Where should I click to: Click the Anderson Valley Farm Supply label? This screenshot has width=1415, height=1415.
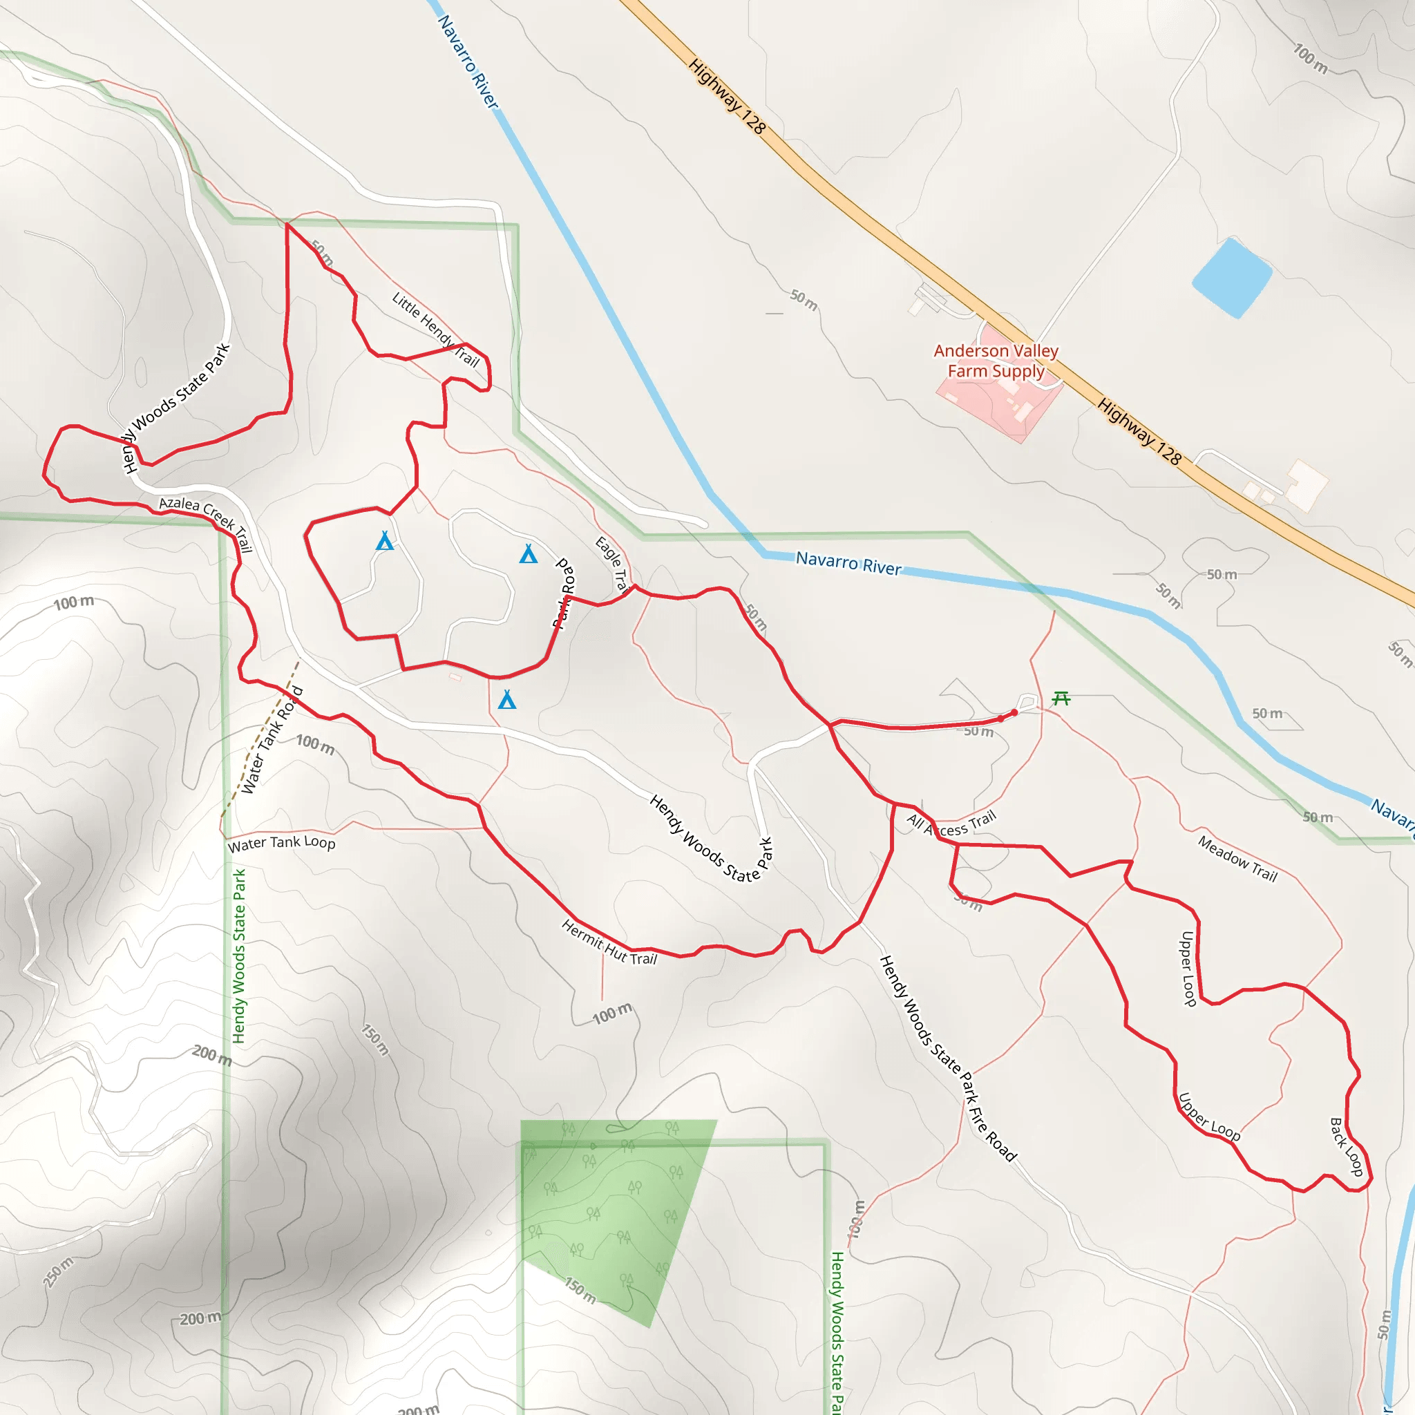tap(996, 361)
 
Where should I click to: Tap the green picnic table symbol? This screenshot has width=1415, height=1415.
tap(1061, 699)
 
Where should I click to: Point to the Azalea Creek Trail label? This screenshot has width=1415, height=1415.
tap(206, 522)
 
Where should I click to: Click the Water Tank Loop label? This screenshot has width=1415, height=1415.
tap(281, 844)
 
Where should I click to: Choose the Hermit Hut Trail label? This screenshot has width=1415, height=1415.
tap(609, 942)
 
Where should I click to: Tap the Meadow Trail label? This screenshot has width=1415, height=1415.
tap(1237, 858)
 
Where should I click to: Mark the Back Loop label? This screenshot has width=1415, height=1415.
tap(1346, 1147)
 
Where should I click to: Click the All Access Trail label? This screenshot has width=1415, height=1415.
tap(951, 824)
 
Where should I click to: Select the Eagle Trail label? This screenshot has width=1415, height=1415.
tap(611, 563)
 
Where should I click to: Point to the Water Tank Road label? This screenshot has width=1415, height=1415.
tap(272, 741)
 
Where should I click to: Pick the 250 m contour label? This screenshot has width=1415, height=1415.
tap(59, 1271)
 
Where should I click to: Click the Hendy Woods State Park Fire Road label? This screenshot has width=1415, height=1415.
tap(948, 1059)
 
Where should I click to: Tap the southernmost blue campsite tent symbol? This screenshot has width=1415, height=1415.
tap(507, 700)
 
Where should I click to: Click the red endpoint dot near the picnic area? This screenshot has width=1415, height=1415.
tap(1014, 712)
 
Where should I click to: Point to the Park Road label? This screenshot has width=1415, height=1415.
tap(564, 593)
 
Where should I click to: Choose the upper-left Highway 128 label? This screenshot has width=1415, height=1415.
tap(727, 96)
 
